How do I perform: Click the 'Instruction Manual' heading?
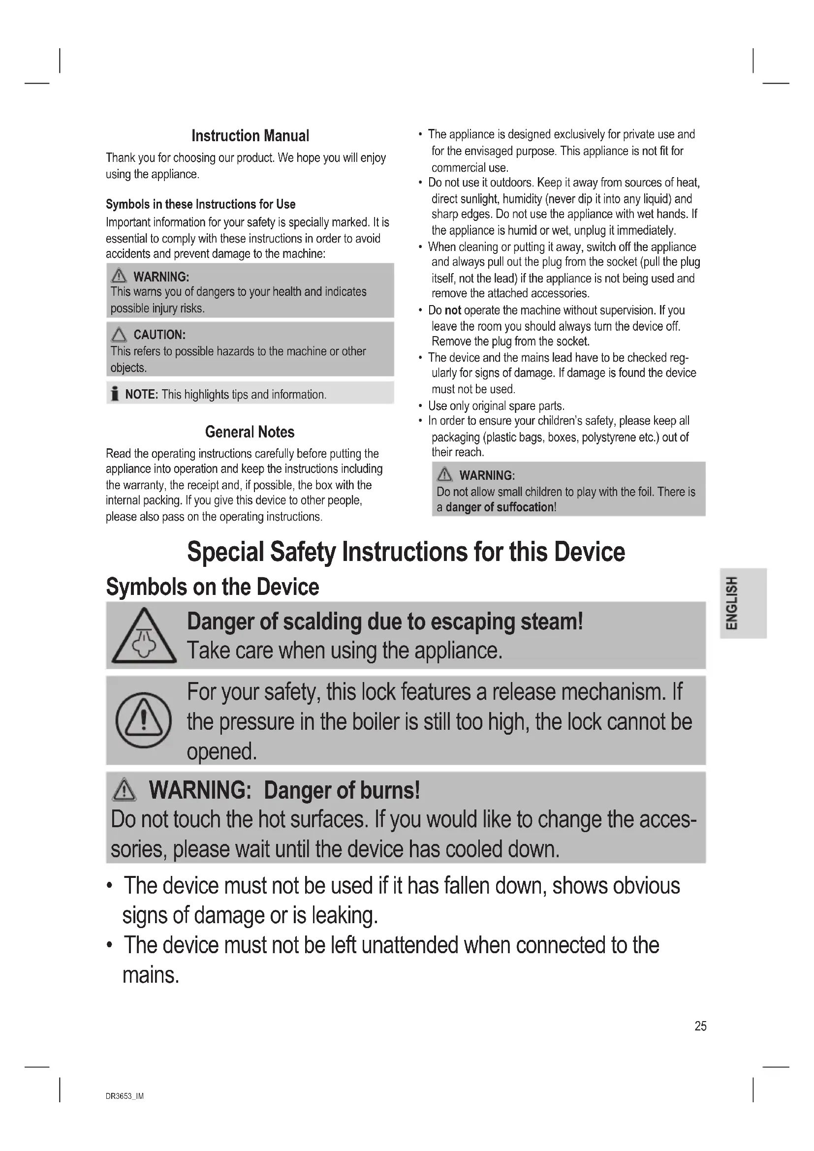(250, 136)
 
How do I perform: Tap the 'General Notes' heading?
(250, 432)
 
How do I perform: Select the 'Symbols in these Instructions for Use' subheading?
(200, 204)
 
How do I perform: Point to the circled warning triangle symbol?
(144, 720)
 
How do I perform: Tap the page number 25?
(700, 1026)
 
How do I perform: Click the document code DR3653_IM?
(125, 1096)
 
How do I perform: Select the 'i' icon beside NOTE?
(115, 395)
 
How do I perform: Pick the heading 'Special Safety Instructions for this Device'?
(406, 552)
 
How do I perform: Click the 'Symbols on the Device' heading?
(213, 587)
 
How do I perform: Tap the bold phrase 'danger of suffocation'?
(500, 507)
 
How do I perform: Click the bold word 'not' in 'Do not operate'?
(453, 311)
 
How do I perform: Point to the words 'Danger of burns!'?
(342, 791)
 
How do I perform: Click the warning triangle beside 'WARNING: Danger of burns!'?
(125, 791)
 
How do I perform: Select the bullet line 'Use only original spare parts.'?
(496, 405)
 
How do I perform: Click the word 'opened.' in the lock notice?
(221, 751)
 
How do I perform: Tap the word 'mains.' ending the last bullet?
(151, 975)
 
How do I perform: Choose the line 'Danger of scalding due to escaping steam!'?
(385, 622)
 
